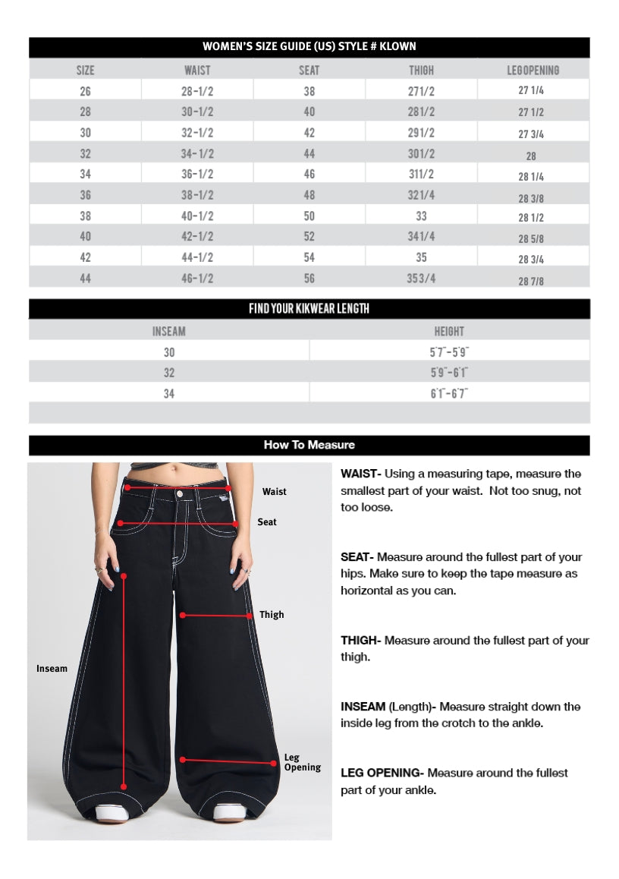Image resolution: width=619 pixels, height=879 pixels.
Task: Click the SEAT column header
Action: [x=309, y=71]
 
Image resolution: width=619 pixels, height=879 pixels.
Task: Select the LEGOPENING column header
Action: [x=533, y=71]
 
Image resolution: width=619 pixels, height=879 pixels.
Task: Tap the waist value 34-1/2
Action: [x=197, y=153]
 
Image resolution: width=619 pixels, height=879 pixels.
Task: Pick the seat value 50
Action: [x=309, y=216]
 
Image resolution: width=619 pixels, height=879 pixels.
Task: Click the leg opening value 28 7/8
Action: [x=531, y=281]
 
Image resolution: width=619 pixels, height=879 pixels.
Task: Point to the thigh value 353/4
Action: [x=421, y=278]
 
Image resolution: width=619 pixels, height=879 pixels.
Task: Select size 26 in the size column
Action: [x=85, y=91]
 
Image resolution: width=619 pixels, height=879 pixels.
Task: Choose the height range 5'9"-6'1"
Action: [x=449, y=373]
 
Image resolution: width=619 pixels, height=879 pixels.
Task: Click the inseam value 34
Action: [x=168, y=393]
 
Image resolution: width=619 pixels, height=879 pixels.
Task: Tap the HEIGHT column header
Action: [x=449, y=332]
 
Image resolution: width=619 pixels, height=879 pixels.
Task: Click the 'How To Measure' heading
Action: [x=309, y=445]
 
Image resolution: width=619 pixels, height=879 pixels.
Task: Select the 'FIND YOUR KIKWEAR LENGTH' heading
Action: [x=309, y=309]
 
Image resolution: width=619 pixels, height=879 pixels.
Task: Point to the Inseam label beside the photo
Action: [x=52, y=669]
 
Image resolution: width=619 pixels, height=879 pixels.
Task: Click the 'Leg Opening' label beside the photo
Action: [x=302, y=762]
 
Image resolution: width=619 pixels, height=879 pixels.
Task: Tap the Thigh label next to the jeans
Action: [x=272, y=615]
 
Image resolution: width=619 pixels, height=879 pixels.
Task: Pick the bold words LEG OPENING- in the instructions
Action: [x=382, y=773]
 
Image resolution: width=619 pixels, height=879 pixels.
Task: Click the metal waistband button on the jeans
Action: [x=180, y=493]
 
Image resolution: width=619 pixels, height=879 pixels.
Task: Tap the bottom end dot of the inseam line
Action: [x=124, y=787]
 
